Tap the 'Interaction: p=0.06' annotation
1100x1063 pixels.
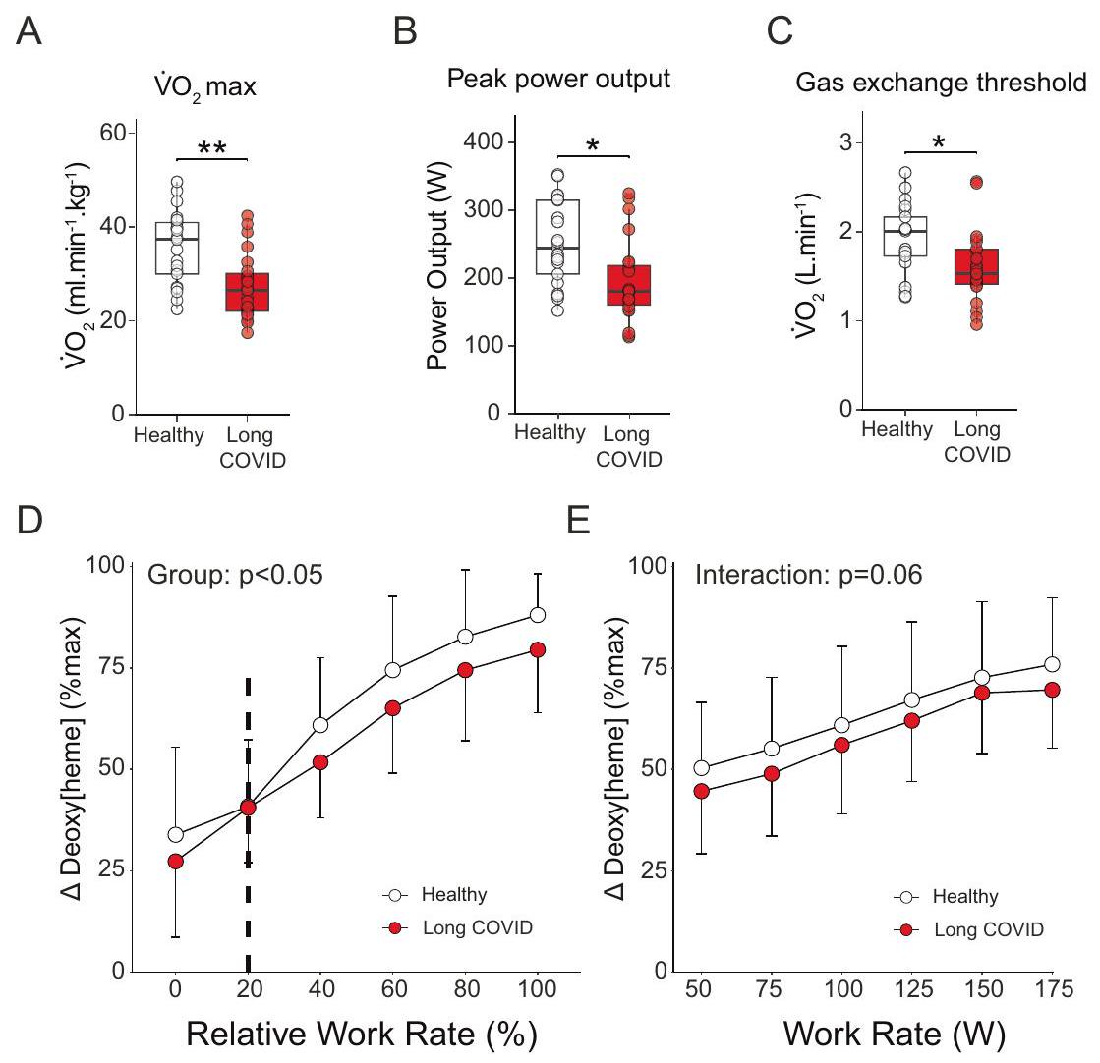coord(808,575)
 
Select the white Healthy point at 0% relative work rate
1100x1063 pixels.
coord(176,834)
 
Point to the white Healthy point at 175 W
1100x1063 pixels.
coord(1052,664)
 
